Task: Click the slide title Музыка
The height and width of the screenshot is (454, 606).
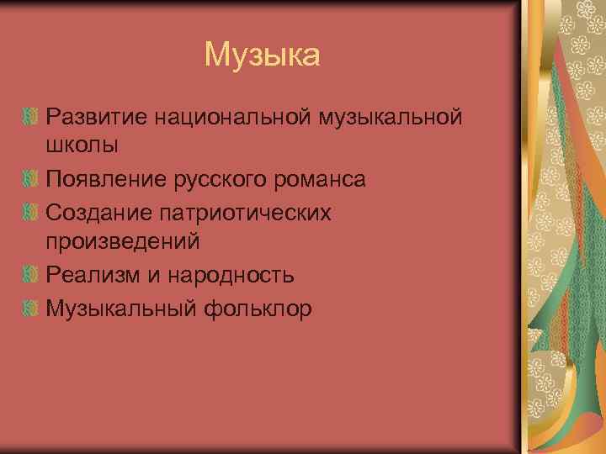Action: pos(262,55)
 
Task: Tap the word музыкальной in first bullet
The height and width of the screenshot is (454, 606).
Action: pos(391,114)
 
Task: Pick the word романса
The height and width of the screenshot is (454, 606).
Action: pos(323,178)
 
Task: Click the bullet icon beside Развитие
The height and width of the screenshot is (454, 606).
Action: pos(33,114)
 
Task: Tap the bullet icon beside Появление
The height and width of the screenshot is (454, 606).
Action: pos(33,178)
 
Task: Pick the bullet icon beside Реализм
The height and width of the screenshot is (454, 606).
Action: pos(33,275)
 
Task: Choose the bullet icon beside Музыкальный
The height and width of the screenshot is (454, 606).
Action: pos(33,309)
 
